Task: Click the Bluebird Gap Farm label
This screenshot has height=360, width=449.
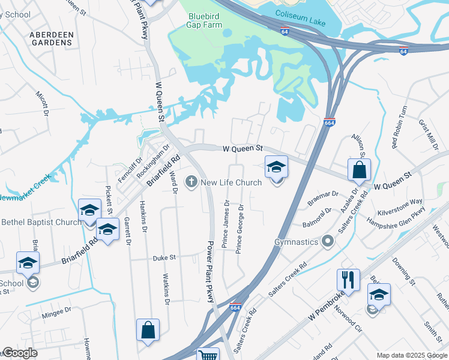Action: [205, 20]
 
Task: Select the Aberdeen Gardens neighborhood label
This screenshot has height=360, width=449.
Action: [52, 40]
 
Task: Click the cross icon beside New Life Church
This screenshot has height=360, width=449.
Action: [191, 182]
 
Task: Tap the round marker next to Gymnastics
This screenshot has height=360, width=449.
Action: [327, 242]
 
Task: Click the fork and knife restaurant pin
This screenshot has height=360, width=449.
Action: [349, 280]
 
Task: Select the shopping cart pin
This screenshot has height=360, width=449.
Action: [208, 355]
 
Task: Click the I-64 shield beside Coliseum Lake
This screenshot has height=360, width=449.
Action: [283, 29]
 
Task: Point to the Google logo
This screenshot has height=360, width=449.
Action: [20, 353]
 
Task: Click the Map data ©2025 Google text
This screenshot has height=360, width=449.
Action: [411, 355]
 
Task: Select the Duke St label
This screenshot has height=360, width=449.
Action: [163, 257]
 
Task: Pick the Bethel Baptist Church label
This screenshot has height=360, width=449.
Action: [41, 222]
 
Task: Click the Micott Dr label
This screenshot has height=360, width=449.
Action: [42, 103]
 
